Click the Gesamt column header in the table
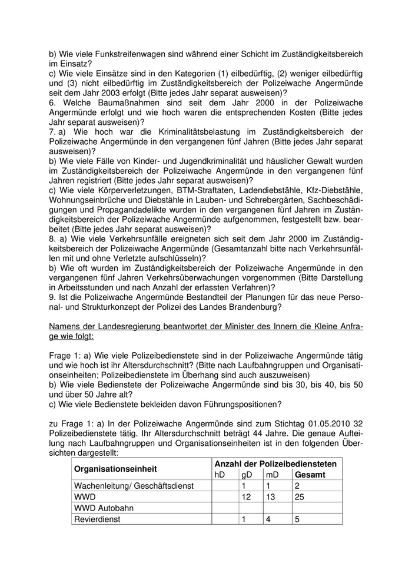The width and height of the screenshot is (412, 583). pos(310,475)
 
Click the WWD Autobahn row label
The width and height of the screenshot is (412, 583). pos(104,508)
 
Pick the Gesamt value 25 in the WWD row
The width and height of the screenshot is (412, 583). pos(300,497)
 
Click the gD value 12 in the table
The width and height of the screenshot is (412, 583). pos(246,497)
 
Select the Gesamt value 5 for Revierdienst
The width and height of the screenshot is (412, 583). pos(297,519)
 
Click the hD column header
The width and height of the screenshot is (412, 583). pos(220,475)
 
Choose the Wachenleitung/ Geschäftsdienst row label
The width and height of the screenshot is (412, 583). pos(133,486)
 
